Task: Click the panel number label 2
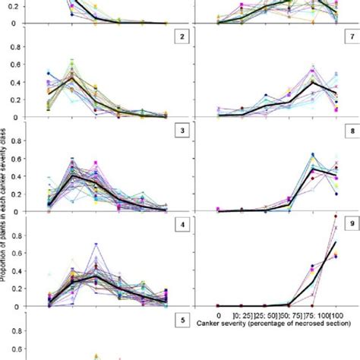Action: pyautogui.click(x=182, y=36)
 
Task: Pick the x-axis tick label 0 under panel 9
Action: pyautogui.click(x=219, y=314)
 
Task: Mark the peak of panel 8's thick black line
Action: pyautogui.click(x=313, y=169)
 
